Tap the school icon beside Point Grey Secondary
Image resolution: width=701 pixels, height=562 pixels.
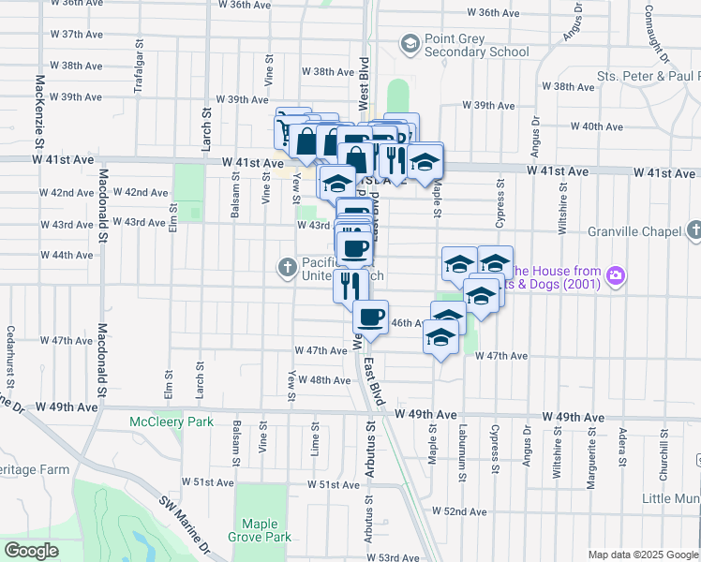[409, 43]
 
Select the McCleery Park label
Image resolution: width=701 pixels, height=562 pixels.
[172, 422]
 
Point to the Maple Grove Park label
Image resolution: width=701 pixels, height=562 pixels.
[266, 530]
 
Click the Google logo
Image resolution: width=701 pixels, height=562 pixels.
[31, 550]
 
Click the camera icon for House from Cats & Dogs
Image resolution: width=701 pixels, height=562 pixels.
[617, 275]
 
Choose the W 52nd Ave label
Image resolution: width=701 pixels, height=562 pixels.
[459, 511]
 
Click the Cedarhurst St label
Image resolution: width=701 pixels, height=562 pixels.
[10, 352]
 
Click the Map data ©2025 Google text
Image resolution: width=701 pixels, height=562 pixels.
[644, 555]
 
